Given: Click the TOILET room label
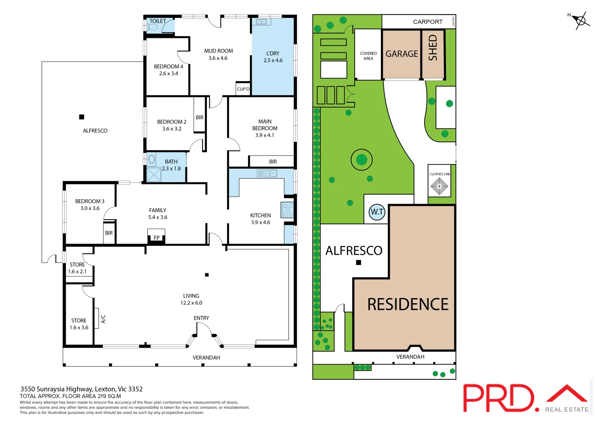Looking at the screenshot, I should (x=158, y=21).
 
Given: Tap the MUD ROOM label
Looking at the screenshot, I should (x=218, y=51).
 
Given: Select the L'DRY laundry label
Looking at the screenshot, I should (x=273, y=54).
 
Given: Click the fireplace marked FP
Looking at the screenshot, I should (x=156, y=237).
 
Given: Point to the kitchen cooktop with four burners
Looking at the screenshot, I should (x=287, y=210).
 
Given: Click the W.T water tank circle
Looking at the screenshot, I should (x=377, y=212).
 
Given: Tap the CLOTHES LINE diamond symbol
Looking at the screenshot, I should (x=439, y=186).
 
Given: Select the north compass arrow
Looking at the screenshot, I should (x=581, y=20).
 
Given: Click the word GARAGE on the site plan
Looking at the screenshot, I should (x=402, y=54).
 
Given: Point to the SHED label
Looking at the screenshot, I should (x=433, y=48).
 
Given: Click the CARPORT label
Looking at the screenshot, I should (x=428, y=22).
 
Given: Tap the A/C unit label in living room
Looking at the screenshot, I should (x=103, y=319).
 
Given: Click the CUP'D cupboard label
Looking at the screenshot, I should (x=243, y=89).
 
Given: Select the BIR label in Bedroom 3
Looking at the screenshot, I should (x=109, y=233).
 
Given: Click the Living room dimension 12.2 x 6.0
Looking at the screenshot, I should (x=191, y=303).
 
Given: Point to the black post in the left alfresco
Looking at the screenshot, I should (x=82, y=117).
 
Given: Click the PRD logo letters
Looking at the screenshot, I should (x=498, y=398).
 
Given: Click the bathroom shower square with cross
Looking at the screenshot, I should (x=154, y=174).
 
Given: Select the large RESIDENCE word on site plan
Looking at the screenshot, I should (x=408, y=304).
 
